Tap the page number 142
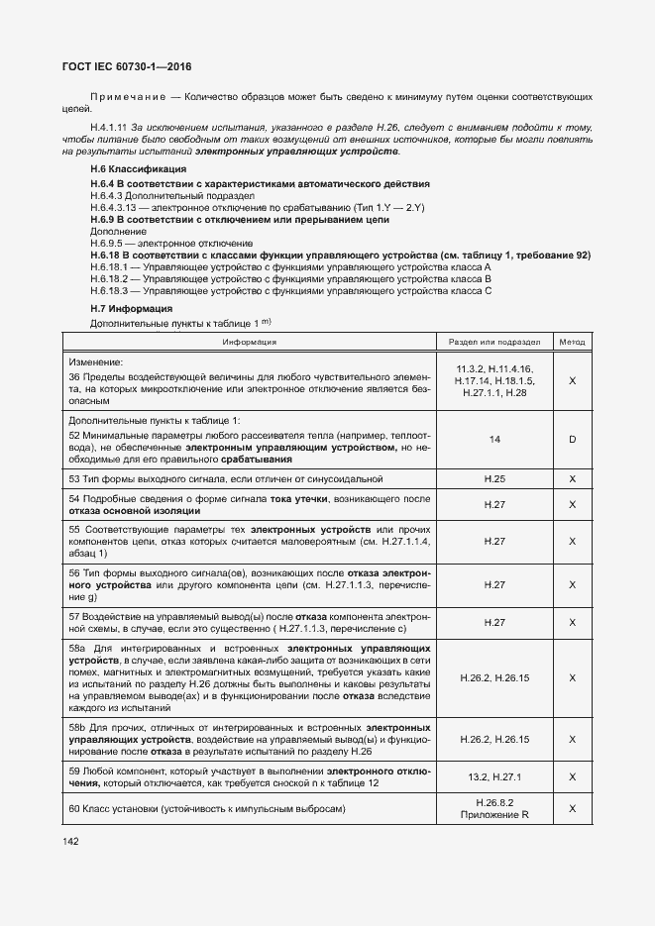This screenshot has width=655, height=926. point(70,841)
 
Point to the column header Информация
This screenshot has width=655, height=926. point(249,341)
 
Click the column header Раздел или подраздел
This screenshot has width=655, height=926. point(493,341)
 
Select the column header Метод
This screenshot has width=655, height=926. point(572,341)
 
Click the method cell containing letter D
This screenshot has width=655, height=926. point(572,438)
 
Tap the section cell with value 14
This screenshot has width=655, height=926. point(493,438)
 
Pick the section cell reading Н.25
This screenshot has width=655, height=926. point(493,478)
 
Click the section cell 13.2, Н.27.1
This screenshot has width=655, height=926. point(493,777)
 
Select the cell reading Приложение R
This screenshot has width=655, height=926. point(493,815)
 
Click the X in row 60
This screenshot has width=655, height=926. point(572,809)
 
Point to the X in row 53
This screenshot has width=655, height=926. point(572,478)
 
